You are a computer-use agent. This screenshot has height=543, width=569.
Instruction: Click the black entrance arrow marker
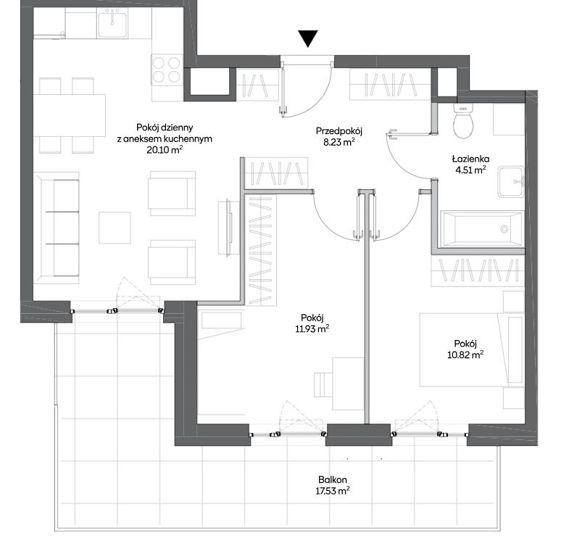308,38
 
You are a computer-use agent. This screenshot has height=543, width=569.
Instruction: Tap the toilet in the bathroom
463,121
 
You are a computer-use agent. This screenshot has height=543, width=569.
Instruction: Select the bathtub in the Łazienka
483,228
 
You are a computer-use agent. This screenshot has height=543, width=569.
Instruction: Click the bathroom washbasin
510,181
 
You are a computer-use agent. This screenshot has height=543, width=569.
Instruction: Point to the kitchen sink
112,24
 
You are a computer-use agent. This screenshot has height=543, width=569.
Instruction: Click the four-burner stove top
166,69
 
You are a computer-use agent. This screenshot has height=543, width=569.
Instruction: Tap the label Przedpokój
339,130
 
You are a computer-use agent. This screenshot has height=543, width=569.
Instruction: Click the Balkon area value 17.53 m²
333,491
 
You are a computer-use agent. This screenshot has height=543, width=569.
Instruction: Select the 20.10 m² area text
165,149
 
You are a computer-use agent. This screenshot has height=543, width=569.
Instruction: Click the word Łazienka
470,159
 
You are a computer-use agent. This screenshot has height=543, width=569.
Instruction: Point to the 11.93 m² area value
312,329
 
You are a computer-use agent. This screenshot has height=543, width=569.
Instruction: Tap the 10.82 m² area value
465,355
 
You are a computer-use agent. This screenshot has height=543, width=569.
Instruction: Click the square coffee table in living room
115,228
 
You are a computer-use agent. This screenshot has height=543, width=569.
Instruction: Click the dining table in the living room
70,115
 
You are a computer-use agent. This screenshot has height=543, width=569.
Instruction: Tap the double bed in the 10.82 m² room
472,350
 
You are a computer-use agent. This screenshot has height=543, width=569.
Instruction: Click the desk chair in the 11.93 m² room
324,384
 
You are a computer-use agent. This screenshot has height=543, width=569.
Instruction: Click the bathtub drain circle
504,228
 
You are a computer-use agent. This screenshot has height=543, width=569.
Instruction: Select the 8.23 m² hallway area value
339,142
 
